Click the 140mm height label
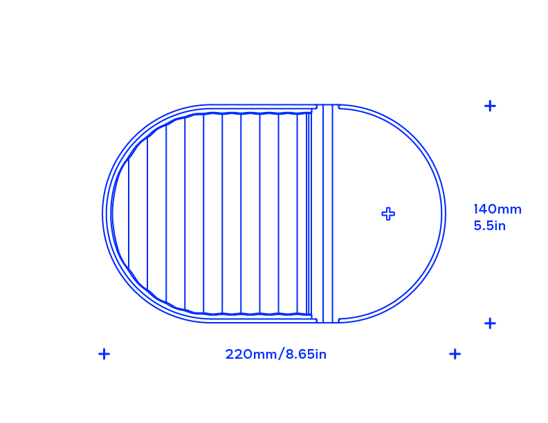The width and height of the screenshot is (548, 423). (497, 209)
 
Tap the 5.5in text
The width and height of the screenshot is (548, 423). (490, 225)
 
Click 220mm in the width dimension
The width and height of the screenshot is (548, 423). (250, 355)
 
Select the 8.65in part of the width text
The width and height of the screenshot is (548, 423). (306, 355)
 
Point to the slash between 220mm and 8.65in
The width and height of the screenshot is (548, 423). (281, 355)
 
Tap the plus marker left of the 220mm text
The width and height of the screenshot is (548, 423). (104, 354)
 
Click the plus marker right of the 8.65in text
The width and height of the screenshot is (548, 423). (455, 354)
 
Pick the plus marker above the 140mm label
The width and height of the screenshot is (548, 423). (490, 106)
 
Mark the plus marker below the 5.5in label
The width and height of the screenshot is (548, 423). (490, 323)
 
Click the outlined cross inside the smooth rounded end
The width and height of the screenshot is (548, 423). (388, 214)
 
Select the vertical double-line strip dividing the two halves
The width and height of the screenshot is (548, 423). (327, 214)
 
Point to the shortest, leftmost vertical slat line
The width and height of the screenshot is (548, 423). (129, 214)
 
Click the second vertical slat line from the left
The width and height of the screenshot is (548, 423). (147, 214)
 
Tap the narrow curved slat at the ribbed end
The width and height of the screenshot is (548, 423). (120, 214)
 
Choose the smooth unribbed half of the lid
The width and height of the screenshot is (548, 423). (388, 214)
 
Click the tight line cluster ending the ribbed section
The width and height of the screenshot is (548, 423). (309, 214)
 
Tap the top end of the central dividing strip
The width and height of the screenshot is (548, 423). (327, 104)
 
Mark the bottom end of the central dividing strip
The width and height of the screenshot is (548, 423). (327, 322)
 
